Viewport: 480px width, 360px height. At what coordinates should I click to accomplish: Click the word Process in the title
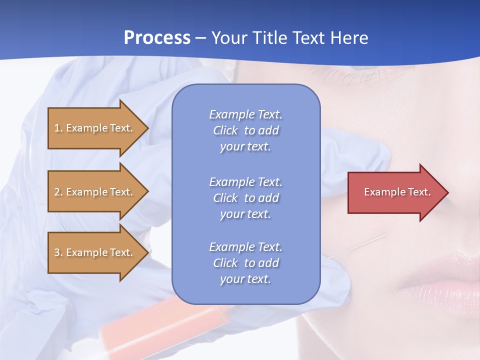pos(157,38)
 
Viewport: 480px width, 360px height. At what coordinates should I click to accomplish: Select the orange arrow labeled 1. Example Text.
pos(94,128)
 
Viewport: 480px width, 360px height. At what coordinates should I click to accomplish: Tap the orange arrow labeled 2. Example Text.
pos(94,192)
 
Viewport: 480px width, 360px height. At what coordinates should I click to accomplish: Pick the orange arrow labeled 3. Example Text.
pos(94,252)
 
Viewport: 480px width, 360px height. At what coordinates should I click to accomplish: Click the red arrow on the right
pos(395,192)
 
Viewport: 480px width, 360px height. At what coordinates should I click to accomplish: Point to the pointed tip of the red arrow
pos(447,192)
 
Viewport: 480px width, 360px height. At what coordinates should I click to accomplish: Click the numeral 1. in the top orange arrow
pos(58,128)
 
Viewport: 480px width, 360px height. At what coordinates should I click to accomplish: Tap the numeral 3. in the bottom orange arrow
pos(58,252)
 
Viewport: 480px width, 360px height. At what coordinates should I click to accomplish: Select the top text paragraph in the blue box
pos(245,130)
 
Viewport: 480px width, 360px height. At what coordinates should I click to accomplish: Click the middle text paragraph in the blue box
pos(245,198)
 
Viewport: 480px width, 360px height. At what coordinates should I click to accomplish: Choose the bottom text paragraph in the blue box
pos(245,263)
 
